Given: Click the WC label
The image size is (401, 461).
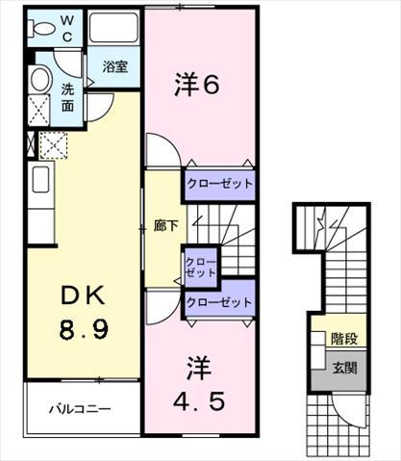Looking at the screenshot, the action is (x=67, y=29).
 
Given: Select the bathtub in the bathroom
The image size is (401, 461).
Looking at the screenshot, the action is (x=113, y=27).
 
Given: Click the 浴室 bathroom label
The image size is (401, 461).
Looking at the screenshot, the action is (x=115, y=66).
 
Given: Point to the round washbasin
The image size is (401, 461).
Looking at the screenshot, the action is (x=40, y=80).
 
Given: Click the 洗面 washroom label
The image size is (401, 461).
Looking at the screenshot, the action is (x=67, y=97).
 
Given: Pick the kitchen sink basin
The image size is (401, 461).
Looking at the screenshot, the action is (x=40, y=179).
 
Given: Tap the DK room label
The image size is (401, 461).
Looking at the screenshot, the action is (x=83, y=295).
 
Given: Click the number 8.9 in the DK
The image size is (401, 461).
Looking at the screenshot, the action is (x=84, y=330).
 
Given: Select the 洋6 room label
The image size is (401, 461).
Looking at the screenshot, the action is (x=197, y=85).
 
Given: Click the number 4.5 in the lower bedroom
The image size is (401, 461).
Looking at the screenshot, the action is (x=199, y=401).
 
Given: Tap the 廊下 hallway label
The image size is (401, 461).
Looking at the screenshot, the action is (x=165, y=226).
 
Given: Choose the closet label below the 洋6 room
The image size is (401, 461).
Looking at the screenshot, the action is (x=219, y=184).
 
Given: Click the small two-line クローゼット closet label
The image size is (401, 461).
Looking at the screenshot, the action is (x=201, y=268).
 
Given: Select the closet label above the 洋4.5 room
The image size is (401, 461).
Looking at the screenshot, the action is (x=219, y=302).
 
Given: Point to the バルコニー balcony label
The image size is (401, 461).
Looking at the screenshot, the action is (x=80, y=409).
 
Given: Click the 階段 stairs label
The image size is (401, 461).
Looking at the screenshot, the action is (x=344, y=339).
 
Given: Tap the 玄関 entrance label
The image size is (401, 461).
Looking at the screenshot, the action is (x=344, y=368).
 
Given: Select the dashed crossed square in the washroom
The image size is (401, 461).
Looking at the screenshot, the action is (x=38, y=111).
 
